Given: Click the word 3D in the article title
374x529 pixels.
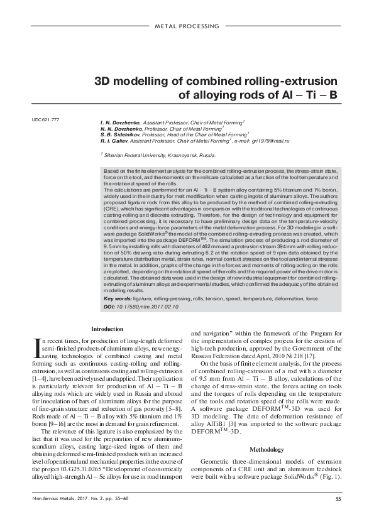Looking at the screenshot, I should pos(104,82).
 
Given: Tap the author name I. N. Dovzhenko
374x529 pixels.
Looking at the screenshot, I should pos(119,120).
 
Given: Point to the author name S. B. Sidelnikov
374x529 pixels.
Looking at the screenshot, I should pos(120,134).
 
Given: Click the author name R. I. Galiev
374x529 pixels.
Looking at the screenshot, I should pos(114,141).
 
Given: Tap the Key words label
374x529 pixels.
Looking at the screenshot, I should pos(116,299).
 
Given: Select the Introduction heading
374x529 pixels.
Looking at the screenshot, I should pos(107,329).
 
